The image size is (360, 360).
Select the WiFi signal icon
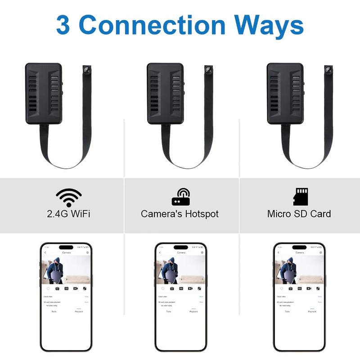click(x=68, y=197)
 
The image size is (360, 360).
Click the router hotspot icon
click(x=180, y=197)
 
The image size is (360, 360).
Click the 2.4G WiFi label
click(x=68, y=213)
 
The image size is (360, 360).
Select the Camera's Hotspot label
click(x=180, y=213)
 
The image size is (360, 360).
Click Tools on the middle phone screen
click(x=168, y=311)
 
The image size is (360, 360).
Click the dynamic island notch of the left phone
click(x=66, y=247)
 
